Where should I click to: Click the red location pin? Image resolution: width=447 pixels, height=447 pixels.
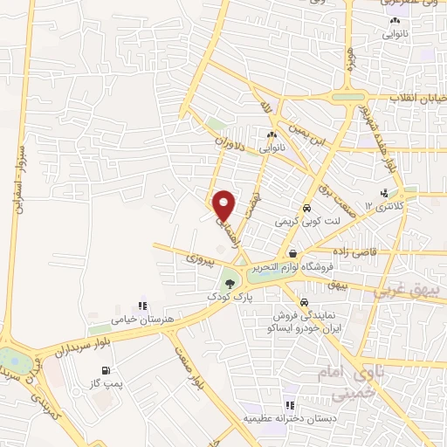click(x=224, y=205)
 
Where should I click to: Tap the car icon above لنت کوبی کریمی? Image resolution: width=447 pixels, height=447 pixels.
click(x=306, y=209)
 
